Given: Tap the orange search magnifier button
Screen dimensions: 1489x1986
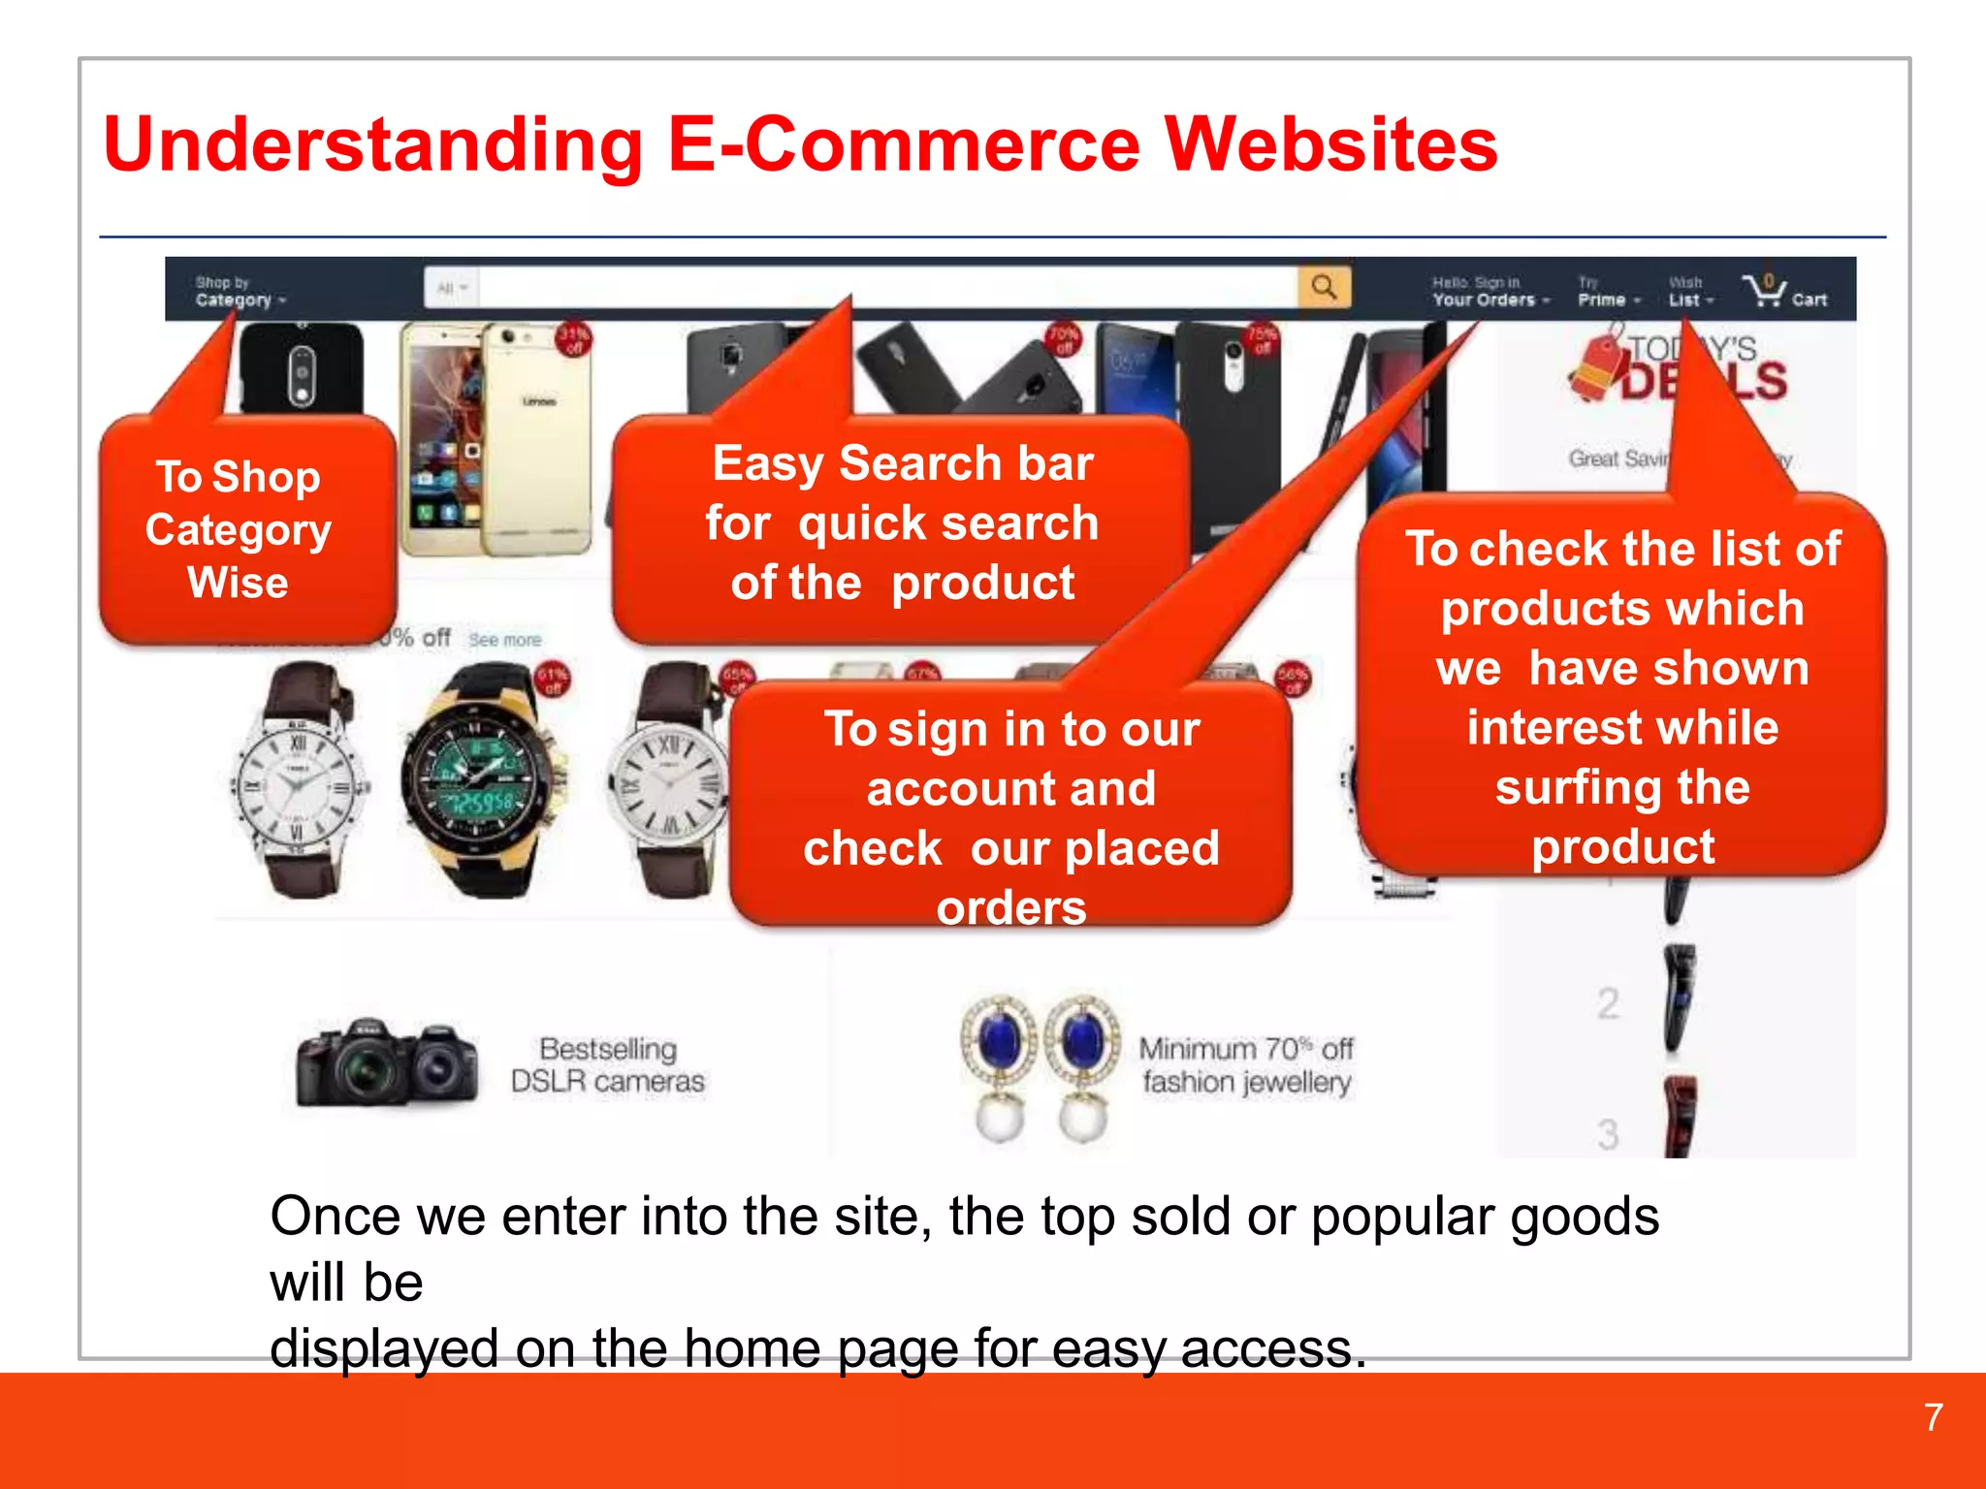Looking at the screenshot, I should click(x=1324, y=287).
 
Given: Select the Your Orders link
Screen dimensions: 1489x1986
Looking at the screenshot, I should click(x=1489, y=292).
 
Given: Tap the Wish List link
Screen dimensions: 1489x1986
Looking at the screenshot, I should click(x=1689, y=292).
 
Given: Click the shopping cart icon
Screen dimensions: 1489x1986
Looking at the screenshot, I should click(x=1764, y=289).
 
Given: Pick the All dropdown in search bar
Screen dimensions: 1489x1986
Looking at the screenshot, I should click(x=452, y=288).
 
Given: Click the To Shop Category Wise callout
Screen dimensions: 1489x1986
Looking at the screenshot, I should click(x=240, y=530).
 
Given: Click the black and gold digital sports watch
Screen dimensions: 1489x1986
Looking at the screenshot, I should click(x=482, y=780).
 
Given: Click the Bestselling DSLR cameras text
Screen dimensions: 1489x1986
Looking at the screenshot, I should click(x=608, y=1064).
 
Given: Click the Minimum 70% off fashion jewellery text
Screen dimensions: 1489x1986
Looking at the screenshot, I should click(x=1245, y=1064).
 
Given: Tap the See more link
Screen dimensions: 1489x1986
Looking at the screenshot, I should click(x=504, y=640).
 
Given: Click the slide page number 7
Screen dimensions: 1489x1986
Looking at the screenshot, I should click(x=1933, y=1417).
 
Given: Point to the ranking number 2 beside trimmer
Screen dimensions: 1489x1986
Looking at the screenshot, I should click(x=1608, y=1003).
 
